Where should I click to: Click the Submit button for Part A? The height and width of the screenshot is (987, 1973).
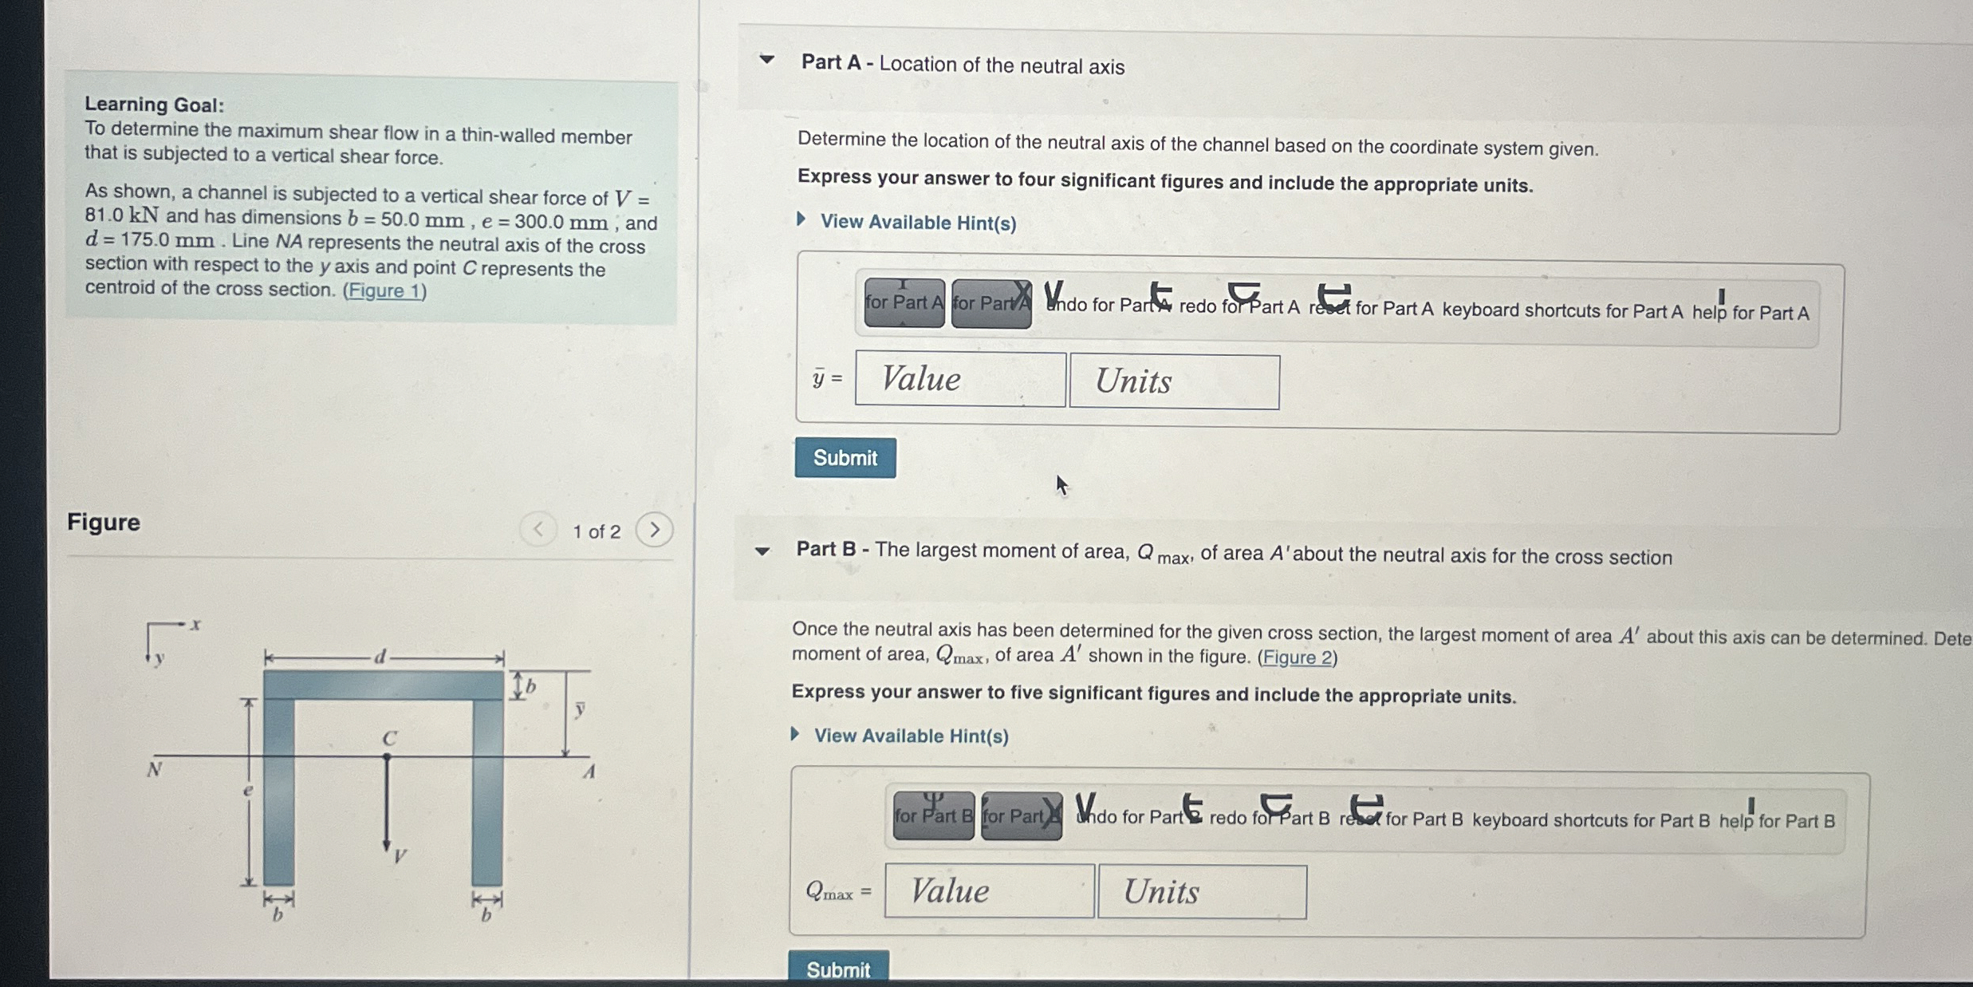pos(845,458)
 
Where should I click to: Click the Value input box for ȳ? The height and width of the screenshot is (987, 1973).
pos(959,380)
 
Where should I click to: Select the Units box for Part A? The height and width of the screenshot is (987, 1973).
pos(1174,382)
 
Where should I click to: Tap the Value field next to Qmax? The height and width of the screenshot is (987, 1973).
pos(989,891)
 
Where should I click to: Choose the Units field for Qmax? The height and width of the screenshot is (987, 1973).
pos(1202,892)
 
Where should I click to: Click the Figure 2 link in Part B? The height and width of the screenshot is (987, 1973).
pos(1297,658)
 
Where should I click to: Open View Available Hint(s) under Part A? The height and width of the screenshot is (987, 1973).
pos(917,223)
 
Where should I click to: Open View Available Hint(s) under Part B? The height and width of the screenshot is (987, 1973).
pos(910,736)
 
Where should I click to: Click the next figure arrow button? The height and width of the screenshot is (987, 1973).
pos(654,530)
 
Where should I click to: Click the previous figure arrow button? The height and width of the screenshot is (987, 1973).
pos(538,529)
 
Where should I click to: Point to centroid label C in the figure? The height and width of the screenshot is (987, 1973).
pos(389,739)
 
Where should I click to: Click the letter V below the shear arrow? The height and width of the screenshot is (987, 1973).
pos(400,857)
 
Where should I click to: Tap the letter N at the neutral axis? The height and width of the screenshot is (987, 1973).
pos(155,770)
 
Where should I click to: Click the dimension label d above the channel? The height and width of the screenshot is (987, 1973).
pos(380,657)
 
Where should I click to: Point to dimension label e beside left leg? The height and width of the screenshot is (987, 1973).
pos(248,791)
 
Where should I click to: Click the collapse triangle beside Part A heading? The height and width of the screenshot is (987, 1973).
pos(766,60)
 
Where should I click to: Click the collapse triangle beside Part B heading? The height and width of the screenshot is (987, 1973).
pos(762,551)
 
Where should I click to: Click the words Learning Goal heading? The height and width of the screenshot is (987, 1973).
pos(154,105)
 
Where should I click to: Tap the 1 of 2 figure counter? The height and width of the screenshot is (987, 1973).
pos(596,531)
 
